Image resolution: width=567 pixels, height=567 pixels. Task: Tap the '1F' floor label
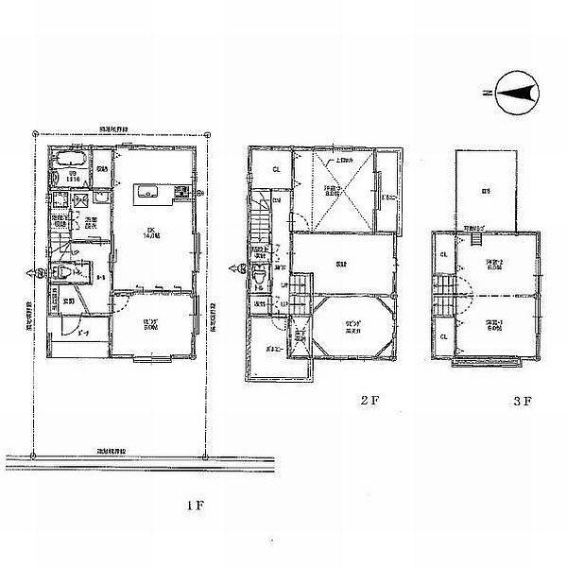coord(194,506)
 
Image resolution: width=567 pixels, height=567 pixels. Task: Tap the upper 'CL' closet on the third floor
coord(443,252)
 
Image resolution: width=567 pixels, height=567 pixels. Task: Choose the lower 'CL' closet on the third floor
coord(443,335)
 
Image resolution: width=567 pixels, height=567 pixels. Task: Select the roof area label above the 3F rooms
coord(486,192)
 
